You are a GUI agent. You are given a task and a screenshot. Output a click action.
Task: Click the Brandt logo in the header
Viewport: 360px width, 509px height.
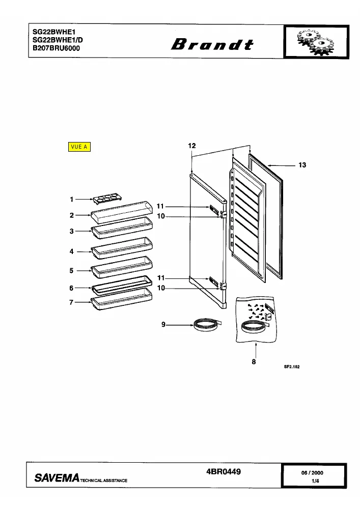click(x=212, y=44)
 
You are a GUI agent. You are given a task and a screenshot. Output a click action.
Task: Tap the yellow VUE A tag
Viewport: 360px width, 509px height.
click(x=79, y=147)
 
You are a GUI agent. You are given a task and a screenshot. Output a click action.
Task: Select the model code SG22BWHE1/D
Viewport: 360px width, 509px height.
click(x=58, y=40)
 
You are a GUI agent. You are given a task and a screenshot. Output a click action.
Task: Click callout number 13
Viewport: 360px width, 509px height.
click(x=302, y=165)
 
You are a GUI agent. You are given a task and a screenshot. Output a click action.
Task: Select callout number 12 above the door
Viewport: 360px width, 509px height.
click(x=192, y=146)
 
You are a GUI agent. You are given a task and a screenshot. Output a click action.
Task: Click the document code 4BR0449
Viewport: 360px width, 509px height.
click(x=224, y=471)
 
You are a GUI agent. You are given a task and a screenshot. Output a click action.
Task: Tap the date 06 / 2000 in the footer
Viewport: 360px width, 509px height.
click(x=312, y=473)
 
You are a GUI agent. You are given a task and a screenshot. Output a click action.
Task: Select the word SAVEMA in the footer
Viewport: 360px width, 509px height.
click(x=57, y=477)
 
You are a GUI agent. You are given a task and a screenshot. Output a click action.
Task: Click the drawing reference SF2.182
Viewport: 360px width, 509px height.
click(x=292, y=366)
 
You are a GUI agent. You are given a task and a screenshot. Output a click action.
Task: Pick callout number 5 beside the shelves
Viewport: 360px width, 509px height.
click(x=71, y=270)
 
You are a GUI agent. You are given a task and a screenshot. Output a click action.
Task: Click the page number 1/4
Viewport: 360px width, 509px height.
click(x=315, y=481)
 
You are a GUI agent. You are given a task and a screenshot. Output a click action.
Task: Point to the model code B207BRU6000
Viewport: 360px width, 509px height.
click(x=56, y=48)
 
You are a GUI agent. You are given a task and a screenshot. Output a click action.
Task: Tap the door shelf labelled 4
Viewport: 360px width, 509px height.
click(x=122, y=248)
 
